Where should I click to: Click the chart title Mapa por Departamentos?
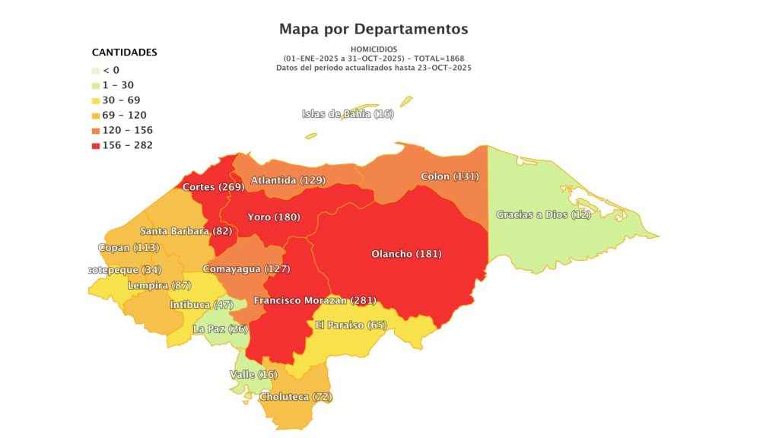[x=374, y=30]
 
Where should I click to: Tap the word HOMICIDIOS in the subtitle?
[x=374, y=49]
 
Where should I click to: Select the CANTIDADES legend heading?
[x=124, y=52]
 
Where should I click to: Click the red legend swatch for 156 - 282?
[x=96, y=145]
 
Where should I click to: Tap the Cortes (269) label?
[x=213, y=187]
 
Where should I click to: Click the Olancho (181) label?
[x=406, y=254]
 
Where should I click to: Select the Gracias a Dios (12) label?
[x=543, y=215]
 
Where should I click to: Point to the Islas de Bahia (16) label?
[x=348, y=114]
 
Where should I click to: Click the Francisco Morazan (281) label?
[x=315, y=300]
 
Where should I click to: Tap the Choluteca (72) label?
[x=296, y=397]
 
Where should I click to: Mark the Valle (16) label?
[x=253, y=375]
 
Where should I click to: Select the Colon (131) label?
[x=449, y=176]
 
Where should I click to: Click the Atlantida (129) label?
[x=288, y=180]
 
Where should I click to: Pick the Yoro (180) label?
[x=274, y=217]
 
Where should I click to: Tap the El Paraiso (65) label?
[x=351, y=325]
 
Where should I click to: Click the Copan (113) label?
[x=128, y=248]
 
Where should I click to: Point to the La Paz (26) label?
[x=220, y=329]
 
